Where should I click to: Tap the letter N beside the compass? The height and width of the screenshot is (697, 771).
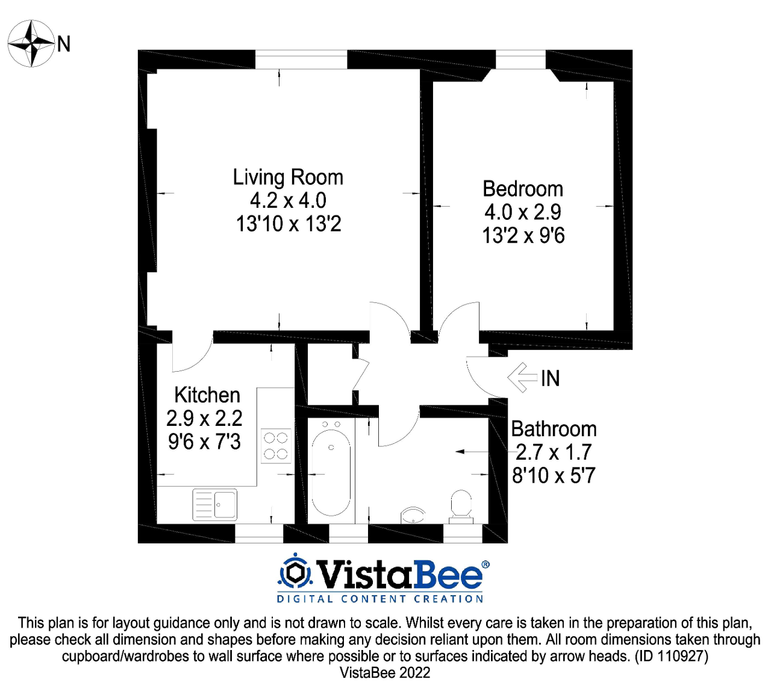(x=64, y=44)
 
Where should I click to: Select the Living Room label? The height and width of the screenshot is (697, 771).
(x=288, y=177)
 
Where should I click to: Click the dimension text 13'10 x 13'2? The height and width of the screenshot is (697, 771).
(x=289, y=224)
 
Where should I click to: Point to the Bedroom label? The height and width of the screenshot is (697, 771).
(x=523, y=189)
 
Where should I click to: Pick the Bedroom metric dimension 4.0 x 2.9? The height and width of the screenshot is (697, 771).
(x=523, y=212)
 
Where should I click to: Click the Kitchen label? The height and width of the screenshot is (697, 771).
(x=207, y=395)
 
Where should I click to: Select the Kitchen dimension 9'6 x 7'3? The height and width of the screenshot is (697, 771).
(x=204, y=442)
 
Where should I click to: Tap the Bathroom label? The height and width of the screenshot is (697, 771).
(x=554, y=429)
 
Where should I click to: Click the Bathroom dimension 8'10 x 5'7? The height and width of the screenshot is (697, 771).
(x=554, y=476)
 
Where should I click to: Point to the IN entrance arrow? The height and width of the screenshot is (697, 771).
(x=522, y=378)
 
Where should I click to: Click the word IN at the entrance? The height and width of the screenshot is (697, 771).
(x=551, y=378)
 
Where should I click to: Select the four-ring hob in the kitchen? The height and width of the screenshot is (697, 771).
(x=276, y=446)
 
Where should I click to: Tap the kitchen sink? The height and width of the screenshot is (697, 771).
(x=215, y=504)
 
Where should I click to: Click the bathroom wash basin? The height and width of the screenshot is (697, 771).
(x=413, y=514)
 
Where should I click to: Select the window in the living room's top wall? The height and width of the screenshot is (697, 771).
(x=301, y=59)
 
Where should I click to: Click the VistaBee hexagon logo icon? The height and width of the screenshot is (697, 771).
(x=295, y=573)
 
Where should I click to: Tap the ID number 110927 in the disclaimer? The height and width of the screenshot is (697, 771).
(x=679, y=656)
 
